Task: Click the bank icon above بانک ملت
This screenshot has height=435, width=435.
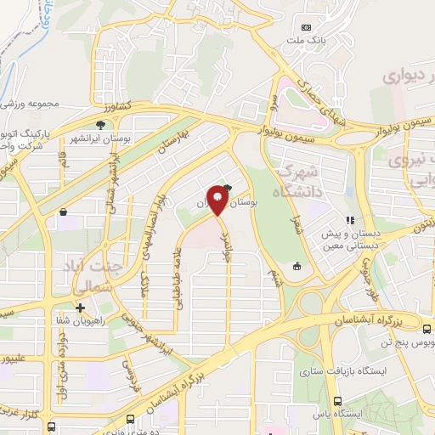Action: click(x=307, y=30)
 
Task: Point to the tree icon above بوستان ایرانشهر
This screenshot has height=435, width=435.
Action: click(x=101, y=125)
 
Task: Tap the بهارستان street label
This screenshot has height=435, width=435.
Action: click(x=195, y=139)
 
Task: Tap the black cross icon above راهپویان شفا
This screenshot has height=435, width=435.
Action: click(x=80, y=308)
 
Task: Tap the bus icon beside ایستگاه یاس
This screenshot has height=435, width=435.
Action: click(x=338, y=401)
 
